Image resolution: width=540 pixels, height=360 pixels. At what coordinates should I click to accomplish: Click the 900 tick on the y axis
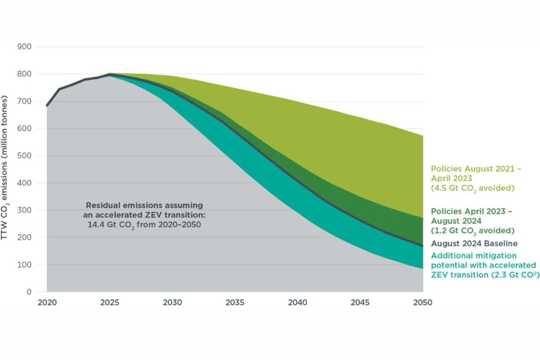coord(26,47)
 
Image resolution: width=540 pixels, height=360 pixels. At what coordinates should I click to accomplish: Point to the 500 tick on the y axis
coord(26,156)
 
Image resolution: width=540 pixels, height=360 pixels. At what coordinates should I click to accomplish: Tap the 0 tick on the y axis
coord(30,292)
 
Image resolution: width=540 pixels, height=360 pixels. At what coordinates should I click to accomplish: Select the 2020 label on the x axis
coord(47,303)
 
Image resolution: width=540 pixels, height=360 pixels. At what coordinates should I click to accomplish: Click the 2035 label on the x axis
coord(235,303)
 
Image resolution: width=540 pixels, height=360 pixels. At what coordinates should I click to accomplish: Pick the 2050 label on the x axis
coord(422,303)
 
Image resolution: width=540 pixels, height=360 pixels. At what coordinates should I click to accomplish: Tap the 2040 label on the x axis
coord(297,303)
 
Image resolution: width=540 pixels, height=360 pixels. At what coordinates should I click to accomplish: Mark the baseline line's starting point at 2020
coord(47,105)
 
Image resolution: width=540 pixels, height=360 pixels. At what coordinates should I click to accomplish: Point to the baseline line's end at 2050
coord(422,246)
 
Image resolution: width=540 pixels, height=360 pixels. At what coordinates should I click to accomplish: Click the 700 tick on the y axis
coord(26,101)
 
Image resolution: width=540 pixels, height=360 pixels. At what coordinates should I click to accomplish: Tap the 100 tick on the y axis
coord(26,265)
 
